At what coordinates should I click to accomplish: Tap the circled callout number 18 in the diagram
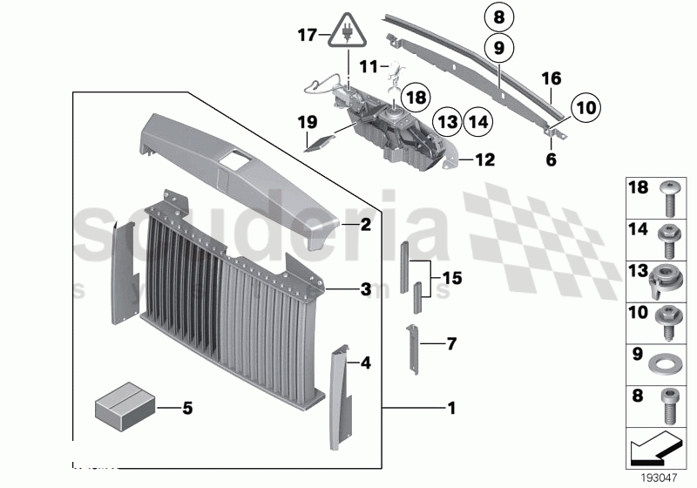tap(416, 97)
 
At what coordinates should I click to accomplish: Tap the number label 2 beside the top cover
tap(367, 225)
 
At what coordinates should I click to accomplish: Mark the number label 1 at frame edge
tap(450, 407)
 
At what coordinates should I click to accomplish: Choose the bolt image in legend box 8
tap(670, 406)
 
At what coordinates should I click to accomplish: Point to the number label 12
tap(484, 160)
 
